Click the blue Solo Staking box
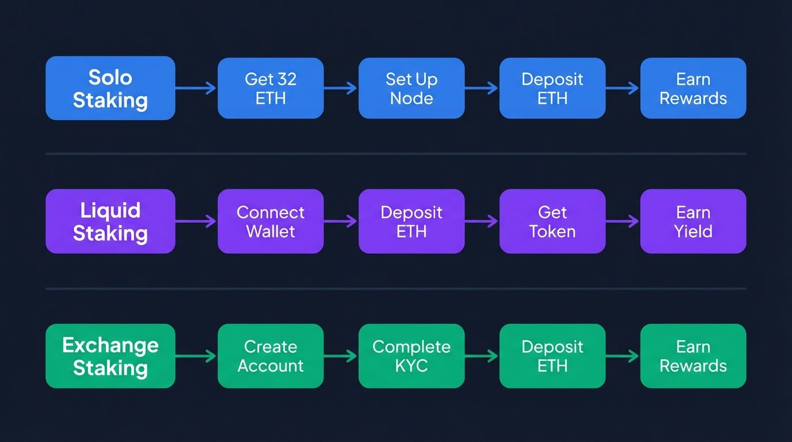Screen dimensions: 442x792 tap(110, 88)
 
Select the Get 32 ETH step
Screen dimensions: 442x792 tap(271, 88)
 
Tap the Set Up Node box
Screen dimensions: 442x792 tap(411, 88)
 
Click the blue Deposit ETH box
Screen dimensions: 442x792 tap(552, 88)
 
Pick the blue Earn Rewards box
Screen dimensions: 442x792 tap(693, 88)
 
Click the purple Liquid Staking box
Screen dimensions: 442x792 tap(110, 221)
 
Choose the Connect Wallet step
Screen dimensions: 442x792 tap(271, 221)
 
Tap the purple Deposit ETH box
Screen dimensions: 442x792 tap(411, 221)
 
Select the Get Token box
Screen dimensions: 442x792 tap(552, 221)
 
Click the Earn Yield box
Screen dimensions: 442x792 tap(693, 221)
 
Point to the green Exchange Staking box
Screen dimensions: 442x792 tap(110, 356)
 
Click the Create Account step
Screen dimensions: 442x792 tap(271, 356)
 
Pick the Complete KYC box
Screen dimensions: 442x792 tap(411, 356)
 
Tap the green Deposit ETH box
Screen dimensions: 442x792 tap(552, 356)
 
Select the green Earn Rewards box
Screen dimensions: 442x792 tap(693, 356)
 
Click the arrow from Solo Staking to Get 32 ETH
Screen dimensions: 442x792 tap(196, 88)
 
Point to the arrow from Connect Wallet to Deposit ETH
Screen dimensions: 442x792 tap(341, 221)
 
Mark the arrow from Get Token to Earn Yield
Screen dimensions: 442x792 tap(623, 221)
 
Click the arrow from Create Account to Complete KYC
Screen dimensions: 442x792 tap(341, 356)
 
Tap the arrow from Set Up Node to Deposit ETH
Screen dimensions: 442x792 tap(482, 88)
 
